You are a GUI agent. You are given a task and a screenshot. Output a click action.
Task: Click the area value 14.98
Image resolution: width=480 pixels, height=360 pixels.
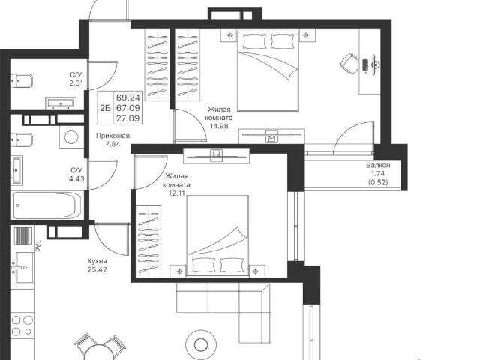click(219, 125)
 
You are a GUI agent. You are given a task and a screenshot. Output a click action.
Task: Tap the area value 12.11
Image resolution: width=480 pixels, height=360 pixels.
click(177, 193)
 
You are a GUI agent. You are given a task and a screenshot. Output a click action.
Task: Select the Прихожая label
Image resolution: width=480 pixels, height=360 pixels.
click(112, 136)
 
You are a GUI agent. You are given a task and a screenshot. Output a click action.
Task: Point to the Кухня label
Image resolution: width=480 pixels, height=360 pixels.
click(97, 261)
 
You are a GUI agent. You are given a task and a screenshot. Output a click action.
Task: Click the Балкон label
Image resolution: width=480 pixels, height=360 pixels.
click(378, 165)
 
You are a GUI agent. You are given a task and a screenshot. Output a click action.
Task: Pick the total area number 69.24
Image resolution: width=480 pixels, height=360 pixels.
click(128, 97)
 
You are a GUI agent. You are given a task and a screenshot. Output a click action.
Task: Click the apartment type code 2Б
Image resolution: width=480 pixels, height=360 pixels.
click(105, 108)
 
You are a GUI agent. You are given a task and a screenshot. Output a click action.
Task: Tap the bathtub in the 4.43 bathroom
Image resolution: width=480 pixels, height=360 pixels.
click(47, 205)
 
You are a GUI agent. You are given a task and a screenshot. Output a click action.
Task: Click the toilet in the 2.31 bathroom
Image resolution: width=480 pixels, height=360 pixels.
click(22, 81)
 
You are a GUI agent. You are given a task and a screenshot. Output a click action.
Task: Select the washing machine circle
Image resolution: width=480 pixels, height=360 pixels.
click(72, 137)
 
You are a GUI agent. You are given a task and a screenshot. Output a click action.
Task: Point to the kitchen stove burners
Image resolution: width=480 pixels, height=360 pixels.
click(22, 325)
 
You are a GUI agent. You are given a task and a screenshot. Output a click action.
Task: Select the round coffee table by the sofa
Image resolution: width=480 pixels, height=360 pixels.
click(201, 344)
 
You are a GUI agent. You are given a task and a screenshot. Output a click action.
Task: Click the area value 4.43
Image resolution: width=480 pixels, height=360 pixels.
click(76, 179)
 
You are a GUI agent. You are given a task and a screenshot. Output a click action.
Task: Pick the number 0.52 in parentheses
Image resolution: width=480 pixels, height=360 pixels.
click(378, 182)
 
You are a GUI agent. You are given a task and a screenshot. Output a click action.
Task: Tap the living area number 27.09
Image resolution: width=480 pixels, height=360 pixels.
click(128, 118)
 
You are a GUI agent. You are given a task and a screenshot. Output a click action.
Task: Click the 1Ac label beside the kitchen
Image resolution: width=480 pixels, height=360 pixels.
click(37, 246)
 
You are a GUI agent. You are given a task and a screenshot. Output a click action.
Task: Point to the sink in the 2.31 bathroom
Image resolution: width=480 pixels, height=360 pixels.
click(61, 103)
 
